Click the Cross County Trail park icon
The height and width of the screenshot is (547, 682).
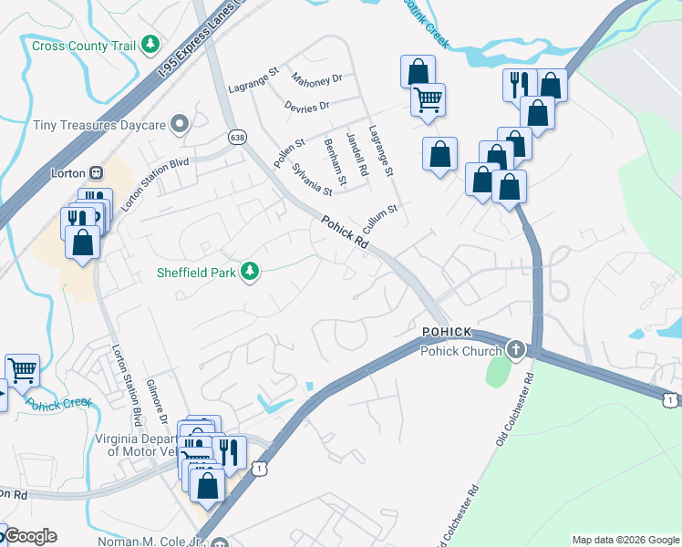pos(150,45)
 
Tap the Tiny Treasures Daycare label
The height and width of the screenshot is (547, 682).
pos(98,124)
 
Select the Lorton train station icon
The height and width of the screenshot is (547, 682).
pos(96,172)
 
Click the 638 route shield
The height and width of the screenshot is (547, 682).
pos(238,137)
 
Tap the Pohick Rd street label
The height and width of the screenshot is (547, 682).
pos(344,232)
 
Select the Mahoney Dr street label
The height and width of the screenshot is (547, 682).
pos(316,80)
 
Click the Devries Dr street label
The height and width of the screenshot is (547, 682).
pos(306,107)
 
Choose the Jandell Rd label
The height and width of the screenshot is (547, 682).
pos(356,153)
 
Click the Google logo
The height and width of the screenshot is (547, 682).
pos(31,536)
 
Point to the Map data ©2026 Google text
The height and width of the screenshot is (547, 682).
pos(625,540)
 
